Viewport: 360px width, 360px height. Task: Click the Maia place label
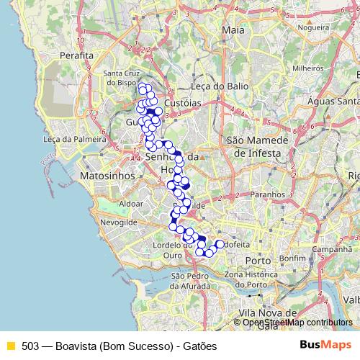[233, 30]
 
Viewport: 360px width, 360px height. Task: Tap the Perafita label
[78, 55]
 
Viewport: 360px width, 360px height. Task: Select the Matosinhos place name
[105, 175]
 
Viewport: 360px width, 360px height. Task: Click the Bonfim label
[293, 257]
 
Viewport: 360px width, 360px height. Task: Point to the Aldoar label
[132, 204]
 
